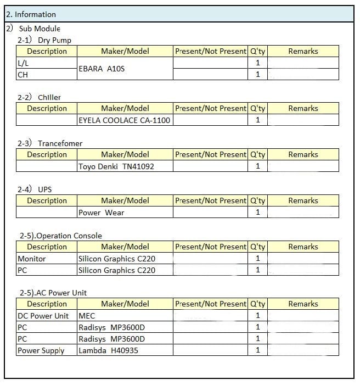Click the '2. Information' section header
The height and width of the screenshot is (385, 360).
coord(31,14)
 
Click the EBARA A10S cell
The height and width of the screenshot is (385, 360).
coord(102,69)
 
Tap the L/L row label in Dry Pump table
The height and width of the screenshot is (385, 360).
coord(23,63)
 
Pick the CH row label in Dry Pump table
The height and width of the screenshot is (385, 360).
coord(23,75)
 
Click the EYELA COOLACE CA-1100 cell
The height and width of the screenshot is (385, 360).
coord(125,120)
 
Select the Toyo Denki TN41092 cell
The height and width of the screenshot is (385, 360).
coord(116,166)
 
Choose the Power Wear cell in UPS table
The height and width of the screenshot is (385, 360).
coord(102,213)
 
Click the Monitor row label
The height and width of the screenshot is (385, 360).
coord(32,259)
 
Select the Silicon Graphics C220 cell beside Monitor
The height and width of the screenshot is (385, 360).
coord(117,259)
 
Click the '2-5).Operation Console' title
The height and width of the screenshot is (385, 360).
coord(61,236)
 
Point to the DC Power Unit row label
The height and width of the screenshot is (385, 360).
coord(43,316)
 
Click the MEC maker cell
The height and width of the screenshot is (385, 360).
coord(87,316)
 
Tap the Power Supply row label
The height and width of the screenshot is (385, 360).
coord(41,350)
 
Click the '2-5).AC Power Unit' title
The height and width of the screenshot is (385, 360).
coord(53,293)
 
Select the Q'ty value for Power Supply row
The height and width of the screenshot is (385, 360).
coord(258,350)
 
